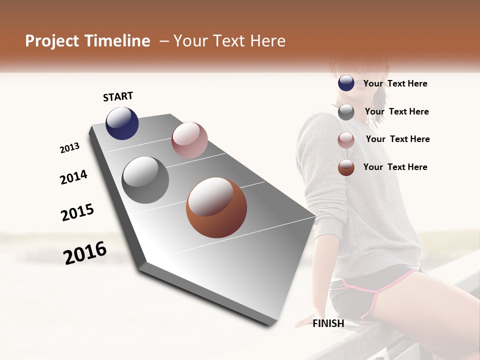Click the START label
coord(118,96)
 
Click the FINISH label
coord(328,323)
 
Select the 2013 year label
coord(69,148)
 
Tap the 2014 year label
coord(73,177)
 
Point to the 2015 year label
coord(77,212)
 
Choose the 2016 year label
coord(85,253)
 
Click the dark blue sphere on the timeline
coord(122,123)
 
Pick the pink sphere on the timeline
coord(189,140)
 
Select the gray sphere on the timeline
coord(145,180)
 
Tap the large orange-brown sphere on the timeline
coord(216,207)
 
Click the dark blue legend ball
coord(346,83)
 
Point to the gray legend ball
coord(346,112)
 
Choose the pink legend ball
coord(346,140)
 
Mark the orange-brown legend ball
coord(346,167)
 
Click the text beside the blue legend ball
coord(395,83)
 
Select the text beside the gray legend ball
coord(396,111)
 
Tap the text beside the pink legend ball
coord(397,139)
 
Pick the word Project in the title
coord(52,41)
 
